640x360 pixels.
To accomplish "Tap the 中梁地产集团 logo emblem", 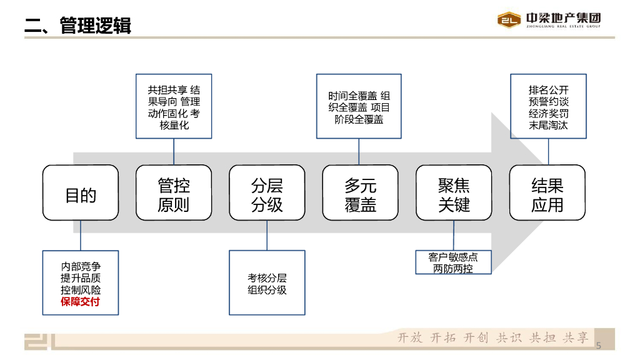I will coord(509,20).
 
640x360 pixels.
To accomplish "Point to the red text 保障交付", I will coord(81,302).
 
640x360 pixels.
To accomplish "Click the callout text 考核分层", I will coord(267,278).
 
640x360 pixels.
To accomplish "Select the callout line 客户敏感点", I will coord(453,257).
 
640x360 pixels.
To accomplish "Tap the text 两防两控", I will coord(453,269).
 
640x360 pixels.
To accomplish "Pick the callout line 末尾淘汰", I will coord(549,125).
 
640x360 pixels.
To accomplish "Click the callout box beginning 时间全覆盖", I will coord(359,106).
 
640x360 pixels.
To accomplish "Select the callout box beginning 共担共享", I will coord(174,107).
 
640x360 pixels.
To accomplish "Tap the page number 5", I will coord(598,346).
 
